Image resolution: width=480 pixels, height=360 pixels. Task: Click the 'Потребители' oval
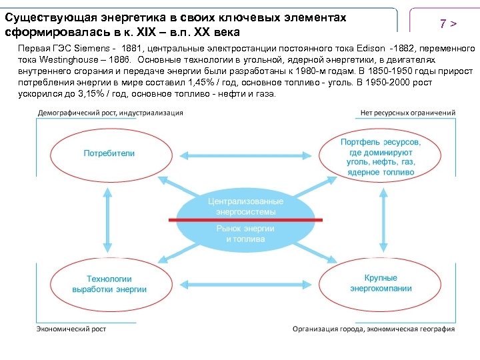tap(109, 153)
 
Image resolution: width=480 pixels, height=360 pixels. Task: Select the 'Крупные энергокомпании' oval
tap(381, 283)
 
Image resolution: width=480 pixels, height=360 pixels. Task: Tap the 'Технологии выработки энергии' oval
tap(109, 284)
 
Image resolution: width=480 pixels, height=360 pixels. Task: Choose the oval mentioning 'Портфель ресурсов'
tap(381, 157)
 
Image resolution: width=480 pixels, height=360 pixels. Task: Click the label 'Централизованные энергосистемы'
tap(245, 206)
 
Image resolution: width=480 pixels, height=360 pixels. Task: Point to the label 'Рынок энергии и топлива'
tap(245, 233)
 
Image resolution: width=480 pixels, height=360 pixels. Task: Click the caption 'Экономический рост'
tap(71, 329)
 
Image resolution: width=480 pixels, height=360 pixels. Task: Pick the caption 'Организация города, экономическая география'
tap(373, 329)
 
